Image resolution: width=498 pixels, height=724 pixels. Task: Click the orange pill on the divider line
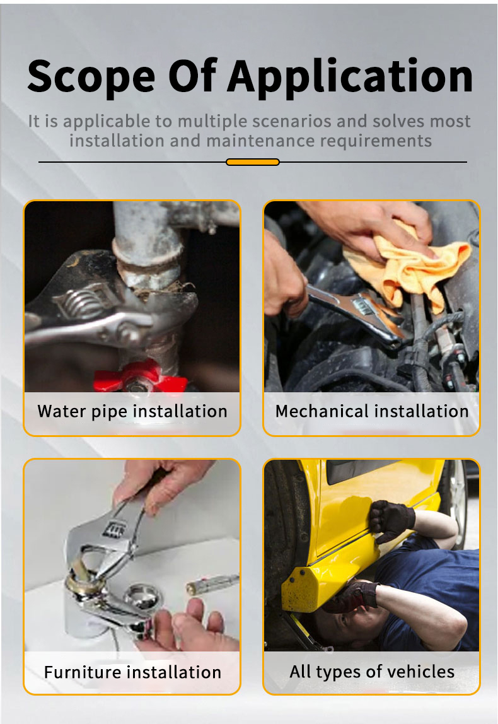tap(252, 162)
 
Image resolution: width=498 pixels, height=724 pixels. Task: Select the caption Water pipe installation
tap(132, 411)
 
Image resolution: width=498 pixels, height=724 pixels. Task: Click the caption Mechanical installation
tap(372, 411)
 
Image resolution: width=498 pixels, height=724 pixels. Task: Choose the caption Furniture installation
tap(132, 672)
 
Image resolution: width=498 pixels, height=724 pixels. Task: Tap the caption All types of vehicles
tap(372, 672)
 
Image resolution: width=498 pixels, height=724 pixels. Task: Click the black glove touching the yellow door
tap(391, 521)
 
